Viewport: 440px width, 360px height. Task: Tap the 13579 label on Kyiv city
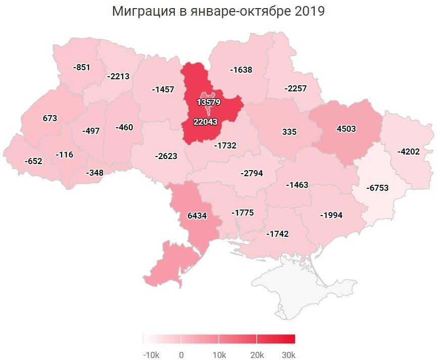pyautogui.click(x=209, y=102)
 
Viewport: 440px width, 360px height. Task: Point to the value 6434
pyautogui.click(x=197, y=215)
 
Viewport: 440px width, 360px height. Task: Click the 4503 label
pyautogui.click(x=346, y=129)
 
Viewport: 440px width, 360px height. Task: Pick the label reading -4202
pyautogui.click(x=408, y=151)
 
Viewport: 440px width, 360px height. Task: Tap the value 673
pyautogui.click(x=50, y=118)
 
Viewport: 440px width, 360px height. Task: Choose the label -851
pyautogui.click(x=81, y=67)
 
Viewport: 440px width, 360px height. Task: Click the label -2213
pyautogui.click(x=118, y=77)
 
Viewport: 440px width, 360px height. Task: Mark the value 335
pyautogui.click(x=289, y=132)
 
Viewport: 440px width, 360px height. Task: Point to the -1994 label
pyautogui.click(x=331, y=216)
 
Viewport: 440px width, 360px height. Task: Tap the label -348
pyautogui.click(x=94, y=173)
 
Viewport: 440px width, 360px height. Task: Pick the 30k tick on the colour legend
pyautogui.click(x=288, y=354)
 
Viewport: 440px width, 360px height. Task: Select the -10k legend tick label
pyautogui.click(x=151, y=354)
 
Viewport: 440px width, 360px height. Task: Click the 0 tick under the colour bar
pyautogui.click(x=181, y=354)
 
